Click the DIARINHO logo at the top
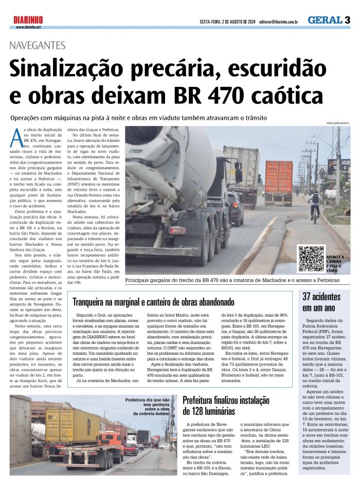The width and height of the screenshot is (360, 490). (28, 20)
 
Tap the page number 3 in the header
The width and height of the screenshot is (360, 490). (348, 20)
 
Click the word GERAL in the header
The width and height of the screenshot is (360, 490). (325, 20)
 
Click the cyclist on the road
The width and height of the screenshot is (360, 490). (315, 204)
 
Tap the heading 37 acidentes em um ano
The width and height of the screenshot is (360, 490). (321, 302)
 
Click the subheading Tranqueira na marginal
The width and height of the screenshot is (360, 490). (153, 301)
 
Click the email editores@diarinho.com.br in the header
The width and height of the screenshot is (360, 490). (279, 22)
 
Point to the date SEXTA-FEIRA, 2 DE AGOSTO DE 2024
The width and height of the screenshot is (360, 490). (227, 22)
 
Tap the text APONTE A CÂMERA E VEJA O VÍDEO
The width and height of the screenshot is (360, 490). (336, 263)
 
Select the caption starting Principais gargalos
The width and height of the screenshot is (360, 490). (232, 281)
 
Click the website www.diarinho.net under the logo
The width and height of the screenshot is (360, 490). (28, 27)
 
